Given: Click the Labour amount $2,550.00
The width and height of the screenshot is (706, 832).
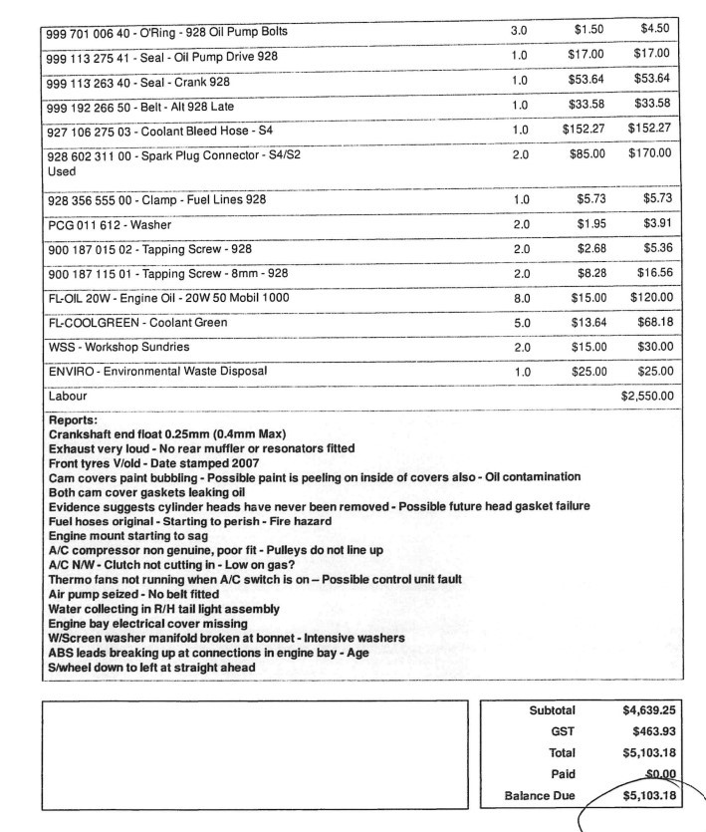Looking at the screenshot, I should click(x=647, y=396).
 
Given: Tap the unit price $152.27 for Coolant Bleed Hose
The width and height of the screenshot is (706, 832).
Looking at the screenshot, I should click(x=584, y=128).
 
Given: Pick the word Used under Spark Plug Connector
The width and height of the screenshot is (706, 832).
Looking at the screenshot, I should click(x=63, y=171).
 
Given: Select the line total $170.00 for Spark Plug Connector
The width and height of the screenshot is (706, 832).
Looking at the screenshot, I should click(x=649, y=153).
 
